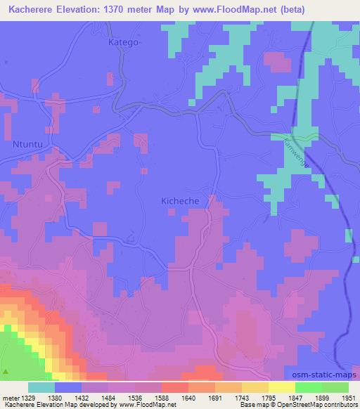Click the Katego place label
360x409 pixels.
[124, 42]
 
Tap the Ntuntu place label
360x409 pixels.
[27, 145]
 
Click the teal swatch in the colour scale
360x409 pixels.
[41, 387]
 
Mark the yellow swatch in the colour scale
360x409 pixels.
[282, 387]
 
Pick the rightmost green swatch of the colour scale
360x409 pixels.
[335, 387]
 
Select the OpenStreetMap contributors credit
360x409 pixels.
[319, 405]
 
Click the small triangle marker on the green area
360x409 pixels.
[7, 370]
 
